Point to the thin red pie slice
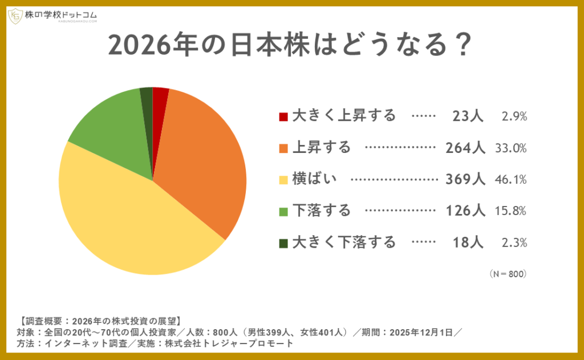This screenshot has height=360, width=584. (x=160, y=100)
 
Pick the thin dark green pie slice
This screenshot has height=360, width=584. (x=147, y=100)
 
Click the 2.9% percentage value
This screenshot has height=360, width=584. (x=514, y=116)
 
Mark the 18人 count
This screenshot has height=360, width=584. (x=468, y=242)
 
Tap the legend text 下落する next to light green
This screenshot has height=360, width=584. (x=321, y=211)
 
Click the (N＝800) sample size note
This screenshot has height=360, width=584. (x=508, y=274)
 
